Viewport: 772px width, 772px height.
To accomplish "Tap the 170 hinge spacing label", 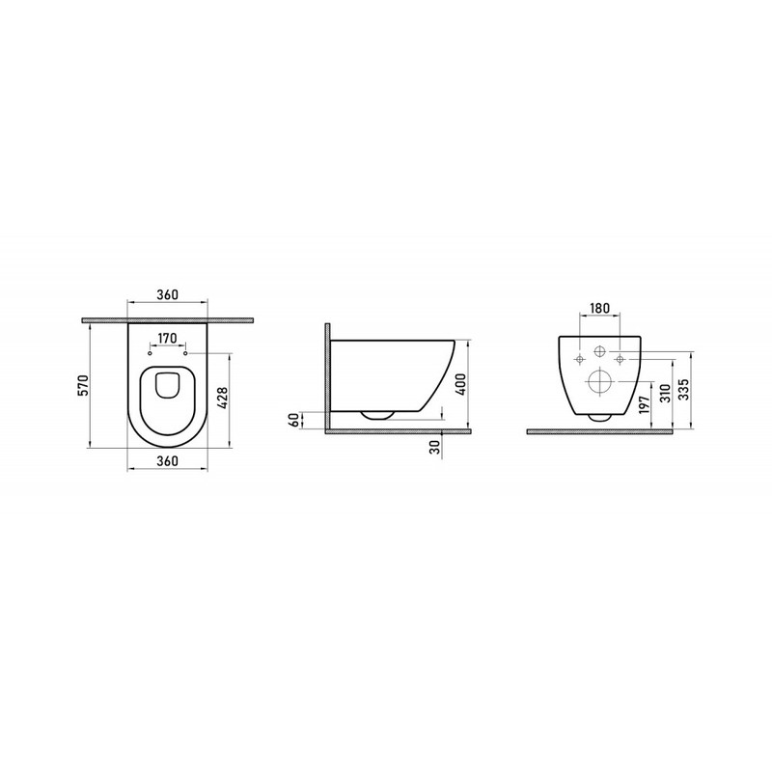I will [x=166, y=339].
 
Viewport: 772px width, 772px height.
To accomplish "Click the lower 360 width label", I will [x=167, y=462].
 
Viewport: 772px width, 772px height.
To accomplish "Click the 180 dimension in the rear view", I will [x=597, y=308].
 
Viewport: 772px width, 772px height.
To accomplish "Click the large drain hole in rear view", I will [x=598, y=383].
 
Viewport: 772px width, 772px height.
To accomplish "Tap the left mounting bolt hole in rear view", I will [x=579, y=361].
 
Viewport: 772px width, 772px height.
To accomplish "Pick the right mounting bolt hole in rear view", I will [x=618, y=361].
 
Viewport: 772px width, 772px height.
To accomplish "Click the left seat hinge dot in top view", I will [x=151, y=353].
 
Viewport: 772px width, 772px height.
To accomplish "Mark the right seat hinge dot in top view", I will [x=183, y=353].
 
